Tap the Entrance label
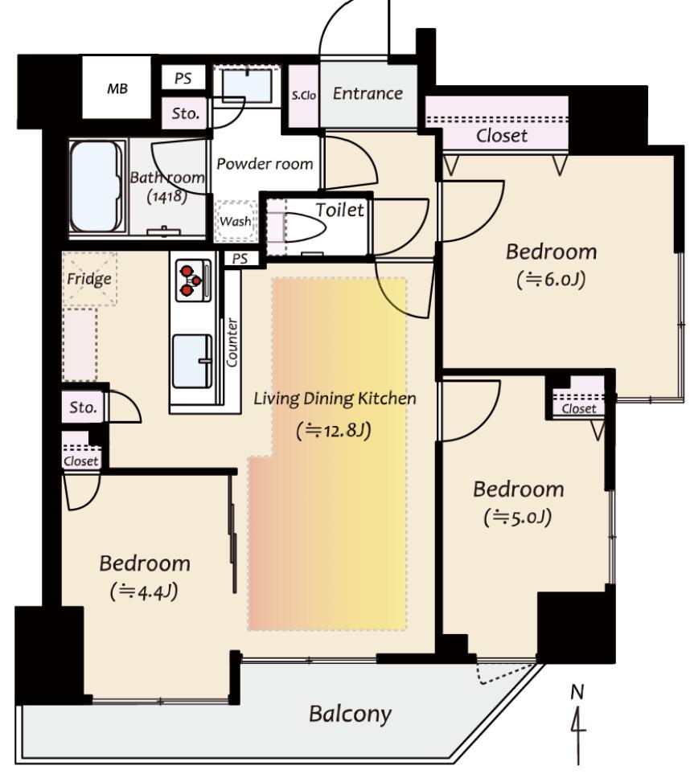pyautogui.click(x=368, y=93)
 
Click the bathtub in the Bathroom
pyautogui.click(x=97, y=187)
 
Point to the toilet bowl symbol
pyautogui.click(x=304, y=228)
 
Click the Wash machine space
pyautogui.click(x=236, y=221)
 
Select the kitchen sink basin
pyautogui.click(x=192, y=361)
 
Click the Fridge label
pyautogui.click(x=89, y=279)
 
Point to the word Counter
pyautogui.click(x=232, y=342)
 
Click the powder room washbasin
pyautogui.click(x=247, y=86)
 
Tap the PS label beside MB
pyautogui.click(x=183, y=78)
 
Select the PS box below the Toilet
pyautogui.click(x=240, y=259)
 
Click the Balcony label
pyautogui.click(x=350, y=714)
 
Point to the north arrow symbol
pyautogui.click(x=577, y=725)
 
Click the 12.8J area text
pyautogui.click(x=334, y=431)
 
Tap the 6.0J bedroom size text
pyautogui.click(x=551, y=280)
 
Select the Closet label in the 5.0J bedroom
pyautogui.click(x=579, y=408)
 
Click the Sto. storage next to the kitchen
pyautogui.click(x=83, y=407)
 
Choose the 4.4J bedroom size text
pyautogui.click(x=144, y=592)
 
